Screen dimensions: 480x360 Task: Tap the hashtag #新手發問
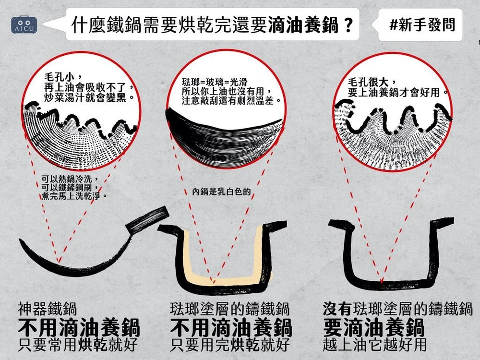click(421, 24)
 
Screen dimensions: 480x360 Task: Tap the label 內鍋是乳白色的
click(221, 193)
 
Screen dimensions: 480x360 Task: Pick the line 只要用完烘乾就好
click(230, 346)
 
